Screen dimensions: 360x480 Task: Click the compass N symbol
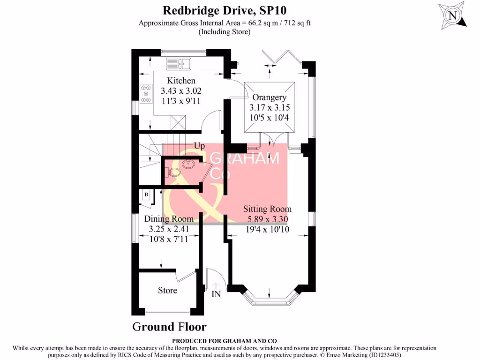(x=452, y=16)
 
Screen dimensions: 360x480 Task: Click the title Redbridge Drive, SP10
(x=224, y=10)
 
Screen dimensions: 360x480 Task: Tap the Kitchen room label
(x=181, y=81)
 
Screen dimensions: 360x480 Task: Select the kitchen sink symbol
(x=178, y=63)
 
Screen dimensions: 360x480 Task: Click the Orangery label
(x=269, y=97)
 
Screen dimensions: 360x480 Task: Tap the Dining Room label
(x=168, y=219)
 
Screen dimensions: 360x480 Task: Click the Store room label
(x=167, y=290)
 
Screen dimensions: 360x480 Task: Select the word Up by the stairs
(x=199, y=147)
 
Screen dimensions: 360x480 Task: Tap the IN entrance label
(x=216, y=294)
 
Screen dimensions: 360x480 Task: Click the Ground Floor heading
(x=169, y=327)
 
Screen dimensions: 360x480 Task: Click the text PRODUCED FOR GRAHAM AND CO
(x=224, y=341)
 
